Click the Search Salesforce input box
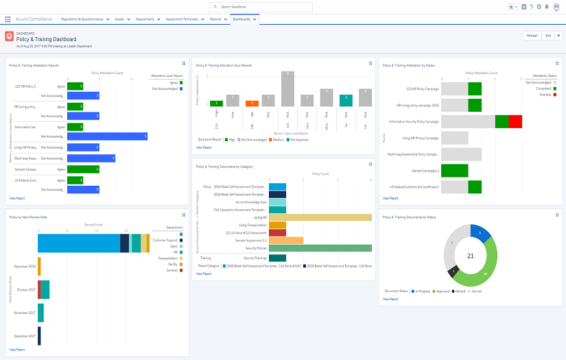261,7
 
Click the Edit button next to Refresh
547,36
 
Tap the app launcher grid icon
8,19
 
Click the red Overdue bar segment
515,121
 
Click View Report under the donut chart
390,299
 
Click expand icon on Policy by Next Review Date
183,217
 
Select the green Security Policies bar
320,248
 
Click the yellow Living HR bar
320,217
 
